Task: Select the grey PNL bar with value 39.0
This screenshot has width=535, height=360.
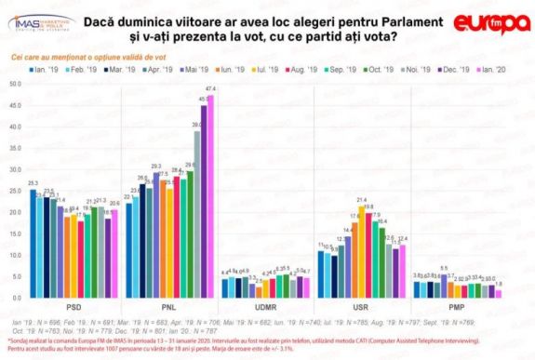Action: click(x=196, y=214)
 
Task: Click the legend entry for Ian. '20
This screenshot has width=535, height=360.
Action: click(x=502, y=69)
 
